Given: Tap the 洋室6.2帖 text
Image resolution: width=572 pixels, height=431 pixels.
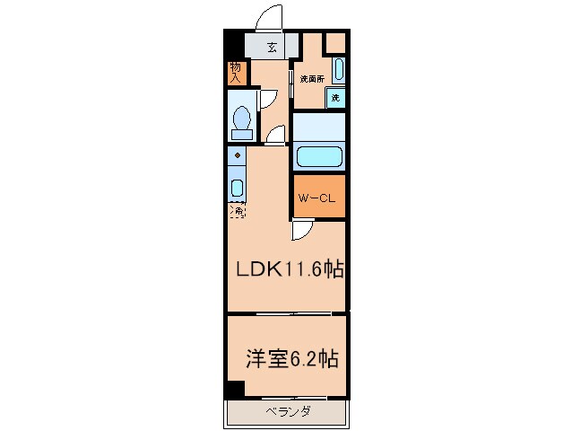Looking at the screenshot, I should tap(291, 358).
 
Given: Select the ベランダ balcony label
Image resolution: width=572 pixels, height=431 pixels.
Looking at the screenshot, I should tap(288, 412).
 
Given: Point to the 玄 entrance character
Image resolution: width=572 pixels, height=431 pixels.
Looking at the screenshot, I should tap(272, 48).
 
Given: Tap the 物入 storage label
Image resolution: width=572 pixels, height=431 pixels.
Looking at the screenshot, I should tap(235, 72).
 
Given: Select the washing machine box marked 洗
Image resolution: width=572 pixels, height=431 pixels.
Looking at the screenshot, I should tap(335, 97).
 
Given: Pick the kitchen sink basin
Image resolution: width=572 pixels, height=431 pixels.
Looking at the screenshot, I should tap(238, 189).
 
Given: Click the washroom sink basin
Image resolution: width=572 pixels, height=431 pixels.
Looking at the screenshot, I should tap(339, 69).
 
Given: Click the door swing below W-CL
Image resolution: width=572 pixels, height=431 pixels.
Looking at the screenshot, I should tap(302, 231).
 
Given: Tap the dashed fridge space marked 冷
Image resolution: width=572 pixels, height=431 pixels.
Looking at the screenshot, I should tap(238, 212).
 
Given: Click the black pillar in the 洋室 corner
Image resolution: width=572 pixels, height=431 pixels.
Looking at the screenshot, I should tap(234, 390).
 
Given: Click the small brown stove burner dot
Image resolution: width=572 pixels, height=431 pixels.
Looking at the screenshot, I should tap(238, 156).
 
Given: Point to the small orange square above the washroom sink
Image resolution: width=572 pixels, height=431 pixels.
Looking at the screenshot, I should tap(335, 42).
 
